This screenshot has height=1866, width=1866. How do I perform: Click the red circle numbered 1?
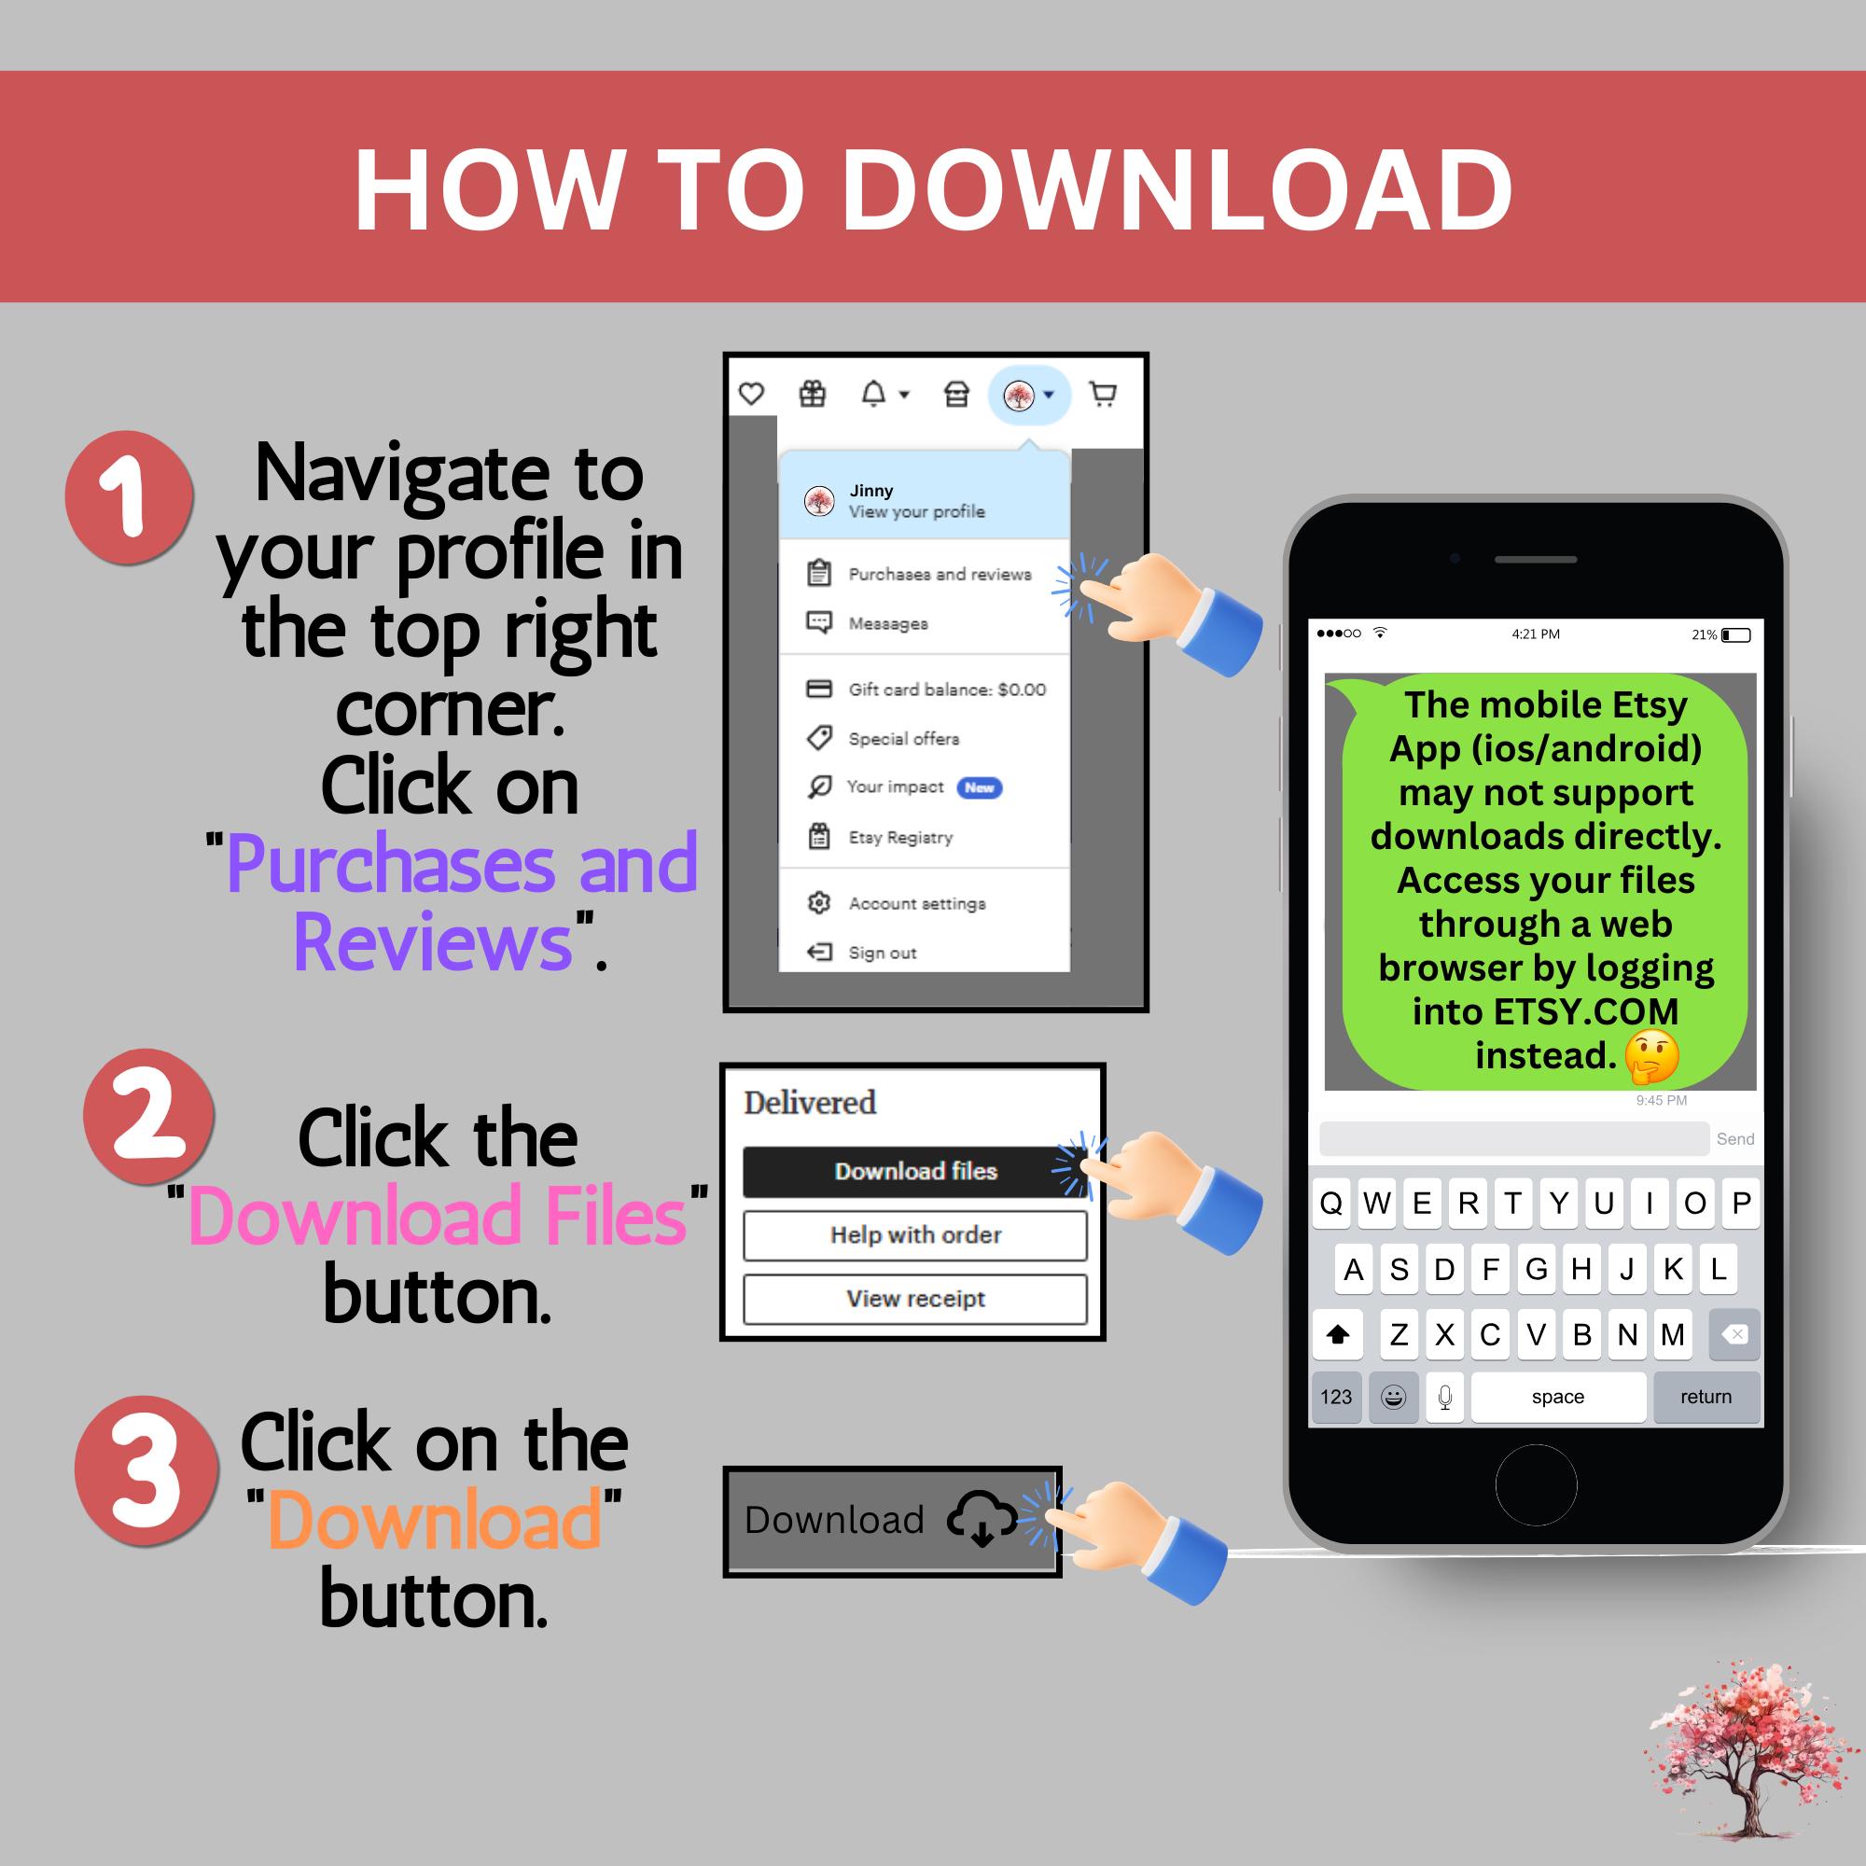[x=129, y=496]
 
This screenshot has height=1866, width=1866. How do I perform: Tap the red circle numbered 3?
[x=146, y=1469]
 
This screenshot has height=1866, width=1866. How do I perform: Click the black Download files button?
[x=914, y=1171]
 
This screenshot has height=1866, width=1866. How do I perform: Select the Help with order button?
[x=914, y=1234]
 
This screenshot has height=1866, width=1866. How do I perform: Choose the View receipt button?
[x=914, y=1299]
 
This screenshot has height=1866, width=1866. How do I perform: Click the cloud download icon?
[x=982, y=1517]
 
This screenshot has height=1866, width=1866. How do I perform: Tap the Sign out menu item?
[x=881, y=953]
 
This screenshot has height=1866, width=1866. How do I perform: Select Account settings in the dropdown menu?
[x=915, y=903]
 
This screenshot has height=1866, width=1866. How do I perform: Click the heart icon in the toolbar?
[x=751, y=394]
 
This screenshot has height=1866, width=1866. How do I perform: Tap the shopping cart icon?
[x=1102, y=394]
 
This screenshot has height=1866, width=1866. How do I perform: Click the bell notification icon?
[x=874, y=394]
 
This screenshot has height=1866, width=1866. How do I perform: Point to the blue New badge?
[x=979, y=787]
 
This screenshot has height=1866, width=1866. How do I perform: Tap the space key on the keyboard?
[x=1557, y=1397]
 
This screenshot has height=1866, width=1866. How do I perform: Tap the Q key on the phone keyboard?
[x=1331, y=1204]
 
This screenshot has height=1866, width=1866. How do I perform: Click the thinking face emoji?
[x=1651, y=1055]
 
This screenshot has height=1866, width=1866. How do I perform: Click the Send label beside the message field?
[x=1734, y=1138]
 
